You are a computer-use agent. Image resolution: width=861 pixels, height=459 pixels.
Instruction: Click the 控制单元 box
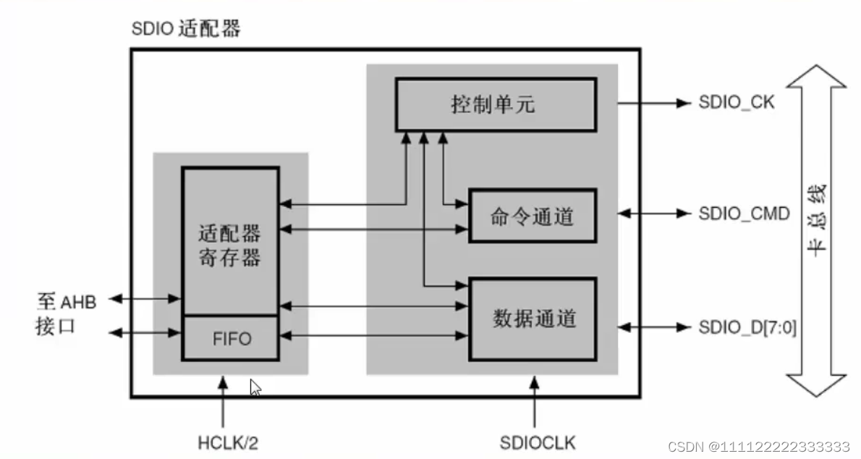click(494, 104)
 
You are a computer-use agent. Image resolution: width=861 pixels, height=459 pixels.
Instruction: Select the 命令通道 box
click(533, 215)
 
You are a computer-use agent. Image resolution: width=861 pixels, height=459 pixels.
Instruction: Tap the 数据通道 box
click(533, 318)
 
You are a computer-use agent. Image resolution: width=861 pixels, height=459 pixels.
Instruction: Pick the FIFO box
click(231, 337)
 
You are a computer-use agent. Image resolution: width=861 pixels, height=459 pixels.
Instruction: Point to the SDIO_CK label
click(737, 102)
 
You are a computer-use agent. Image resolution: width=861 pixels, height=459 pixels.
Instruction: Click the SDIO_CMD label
click(743, 214)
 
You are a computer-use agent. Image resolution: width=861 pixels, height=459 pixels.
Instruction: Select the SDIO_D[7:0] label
click(747, 327)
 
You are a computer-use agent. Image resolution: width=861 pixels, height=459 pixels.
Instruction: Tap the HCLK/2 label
click(227, 442)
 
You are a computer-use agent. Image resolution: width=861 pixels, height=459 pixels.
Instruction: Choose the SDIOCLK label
click(537, 442)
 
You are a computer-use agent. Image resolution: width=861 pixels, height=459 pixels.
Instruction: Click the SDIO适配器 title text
click(186, 29)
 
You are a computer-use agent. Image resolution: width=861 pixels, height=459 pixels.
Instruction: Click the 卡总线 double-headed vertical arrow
click(816, 230)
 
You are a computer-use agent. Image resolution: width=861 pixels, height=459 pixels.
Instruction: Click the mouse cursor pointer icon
click(255, 387)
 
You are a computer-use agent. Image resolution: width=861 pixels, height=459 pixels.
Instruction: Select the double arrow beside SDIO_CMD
click(655, 214)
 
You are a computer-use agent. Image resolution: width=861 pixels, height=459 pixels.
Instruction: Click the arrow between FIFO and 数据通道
click(373, 335)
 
